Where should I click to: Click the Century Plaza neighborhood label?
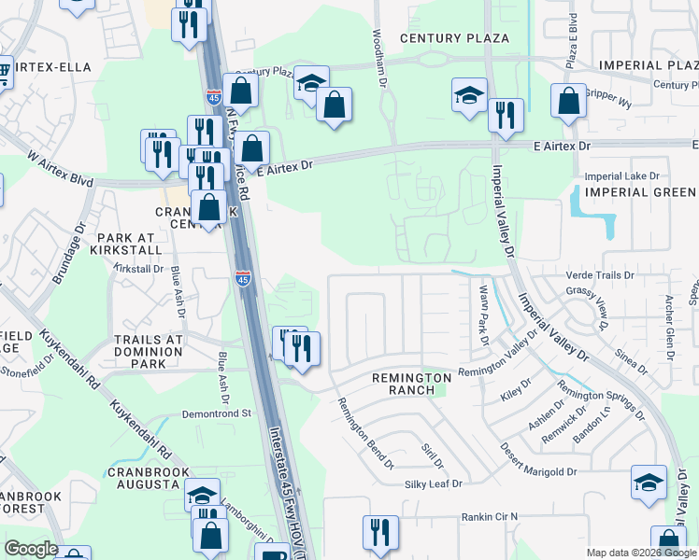pos(454,38)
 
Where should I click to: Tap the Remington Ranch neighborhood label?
pos(411,384)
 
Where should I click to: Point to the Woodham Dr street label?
pos(378,58)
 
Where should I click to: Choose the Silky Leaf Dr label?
pos(434,483)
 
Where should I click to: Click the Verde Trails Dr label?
pos(601,276)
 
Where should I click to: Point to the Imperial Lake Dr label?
pos(621,175)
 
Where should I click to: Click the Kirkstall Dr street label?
pos(138,269)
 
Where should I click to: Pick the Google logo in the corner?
pos(30,549)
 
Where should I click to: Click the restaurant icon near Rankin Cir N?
pos(380,531)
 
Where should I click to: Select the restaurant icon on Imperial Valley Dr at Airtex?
pos(506,116)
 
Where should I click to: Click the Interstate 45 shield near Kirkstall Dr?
pos(243,278)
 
